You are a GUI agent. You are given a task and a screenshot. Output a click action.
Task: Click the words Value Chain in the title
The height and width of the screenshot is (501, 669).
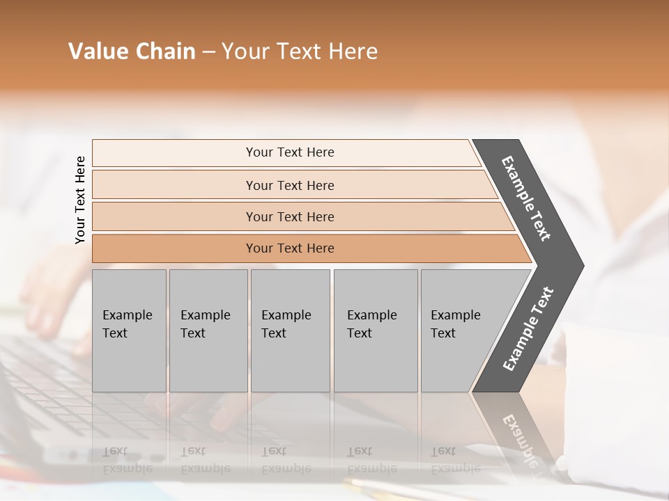(x=132, y=51)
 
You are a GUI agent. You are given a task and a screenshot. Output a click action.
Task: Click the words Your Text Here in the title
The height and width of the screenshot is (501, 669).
(x=300, y=51)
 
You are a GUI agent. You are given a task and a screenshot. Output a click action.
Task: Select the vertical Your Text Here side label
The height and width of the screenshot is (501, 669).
(x=80, y=200)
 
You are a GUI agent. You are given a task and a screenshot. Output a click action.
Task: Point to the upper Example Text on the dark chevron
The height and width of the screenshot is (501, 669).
(x=526, y=198)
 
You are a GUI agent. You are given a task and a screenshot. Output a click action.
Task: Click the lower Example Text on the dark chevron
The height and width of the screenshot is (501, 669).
(x=528, y=329)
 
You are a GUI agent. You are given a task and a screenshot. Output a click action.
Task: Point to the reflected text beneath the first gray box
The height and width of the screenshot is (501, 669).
(x=127, y=460)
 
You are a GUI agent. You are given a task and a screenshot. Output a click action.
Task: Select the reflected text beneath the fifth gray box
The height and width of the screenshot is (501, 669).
(x=455, y=460)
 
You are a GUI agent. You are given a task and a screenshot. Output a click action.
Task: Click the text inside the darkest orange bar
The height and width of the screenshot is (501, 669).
(x=290, y=248)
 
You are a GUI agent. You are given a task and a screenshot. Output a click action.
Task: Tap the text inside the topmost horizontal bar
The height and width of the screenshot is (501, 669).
(x=290, y=152)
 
